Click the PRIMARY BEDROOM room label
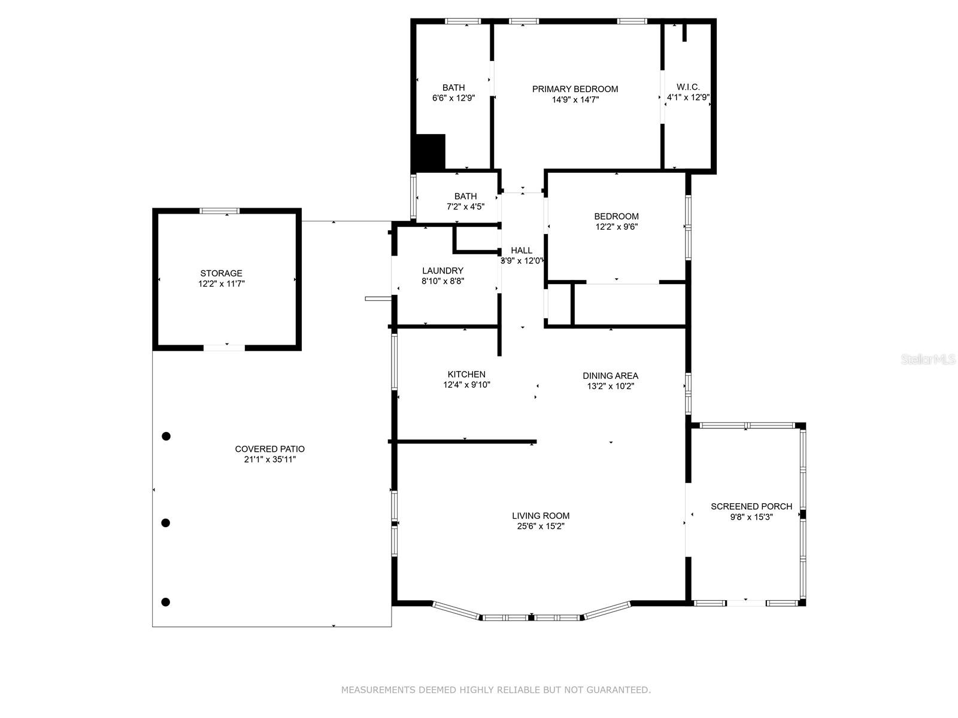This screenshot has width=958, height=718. pyautogui.click(x=575, y=89)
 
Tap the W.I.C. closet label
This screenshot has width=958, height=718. pyautogui.click(x=688, y=87)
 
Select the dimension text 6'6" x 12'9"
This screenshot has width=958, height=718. pyautogui.click(x=453, y=98)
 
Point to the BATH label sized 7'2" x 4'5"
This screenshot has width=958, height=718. pyautogui.click(x=465, y=196)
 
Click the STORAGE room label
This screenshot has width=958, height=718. pyautogui.click(x=221, y=273)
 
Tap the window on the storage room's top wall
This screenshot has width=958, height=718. pyautogui.click(x=219, y=211)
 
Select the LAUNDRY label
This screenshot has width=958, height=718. pyautogui.click(x=442, y=270)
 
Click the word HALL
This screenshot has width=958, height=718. pyautogui.click(x=521, y=251)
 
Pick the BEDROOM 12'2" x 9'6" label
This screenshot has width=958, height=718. pyautogui.click(x=616, y=217)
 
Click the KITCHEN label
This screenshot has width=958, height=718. pyautogui.click(x=466, y=375)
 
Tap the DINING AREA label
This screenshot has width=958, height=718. pyautogui.click(x=610, y=376)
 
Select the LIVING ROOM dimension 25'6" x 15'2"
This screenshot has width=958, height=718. pyautogui.click(x=541, y=527)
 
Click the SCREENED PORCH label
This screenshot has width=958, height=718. pyautogui.click(x=751, y=506)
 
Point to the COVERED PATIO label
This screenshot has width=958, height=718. pyautogui.click(x=269, y=449)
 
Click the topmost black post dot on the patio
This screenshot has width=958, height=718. pyautogui.click(x=166, y=436)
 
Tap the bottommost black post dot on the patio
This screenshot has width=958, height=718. pyautogui.click(x=166, y=602)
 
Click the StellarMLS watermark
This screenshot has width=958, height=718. pyautogui.click(x=928, y=360)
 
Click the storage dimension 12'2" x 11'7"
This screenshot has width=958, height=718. pyautogui.click(x=221, y=284)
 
